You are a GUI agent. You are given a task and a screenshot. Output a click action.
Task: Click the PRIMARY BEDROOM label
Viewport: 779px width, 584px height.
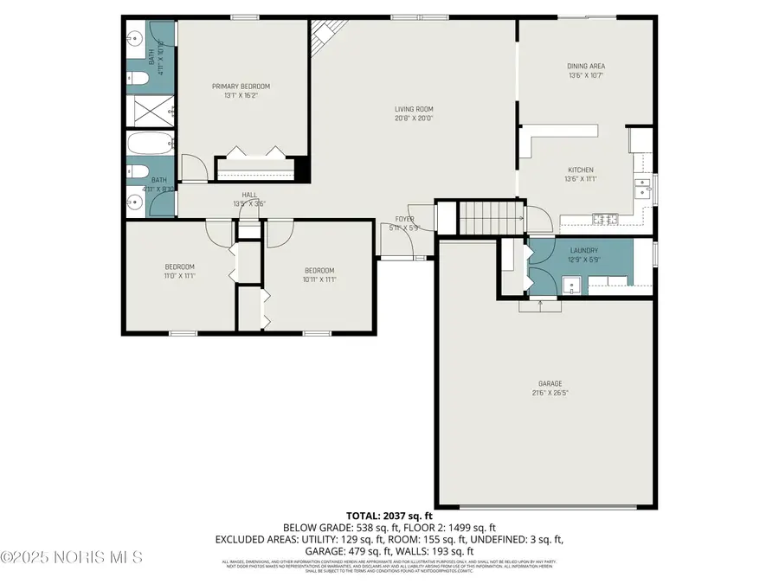click(241, 87)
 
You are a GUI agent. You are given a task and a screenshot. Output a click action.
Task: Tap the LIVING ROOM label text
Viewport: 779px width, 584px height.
click(413, 109)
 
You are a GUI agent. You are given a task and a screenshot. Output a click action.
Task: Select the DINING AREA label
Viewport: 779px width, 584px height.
click(585, 66)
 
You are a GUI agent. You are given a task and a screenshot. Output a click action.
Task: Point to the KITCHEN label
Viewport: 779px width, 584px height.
click(580, 170)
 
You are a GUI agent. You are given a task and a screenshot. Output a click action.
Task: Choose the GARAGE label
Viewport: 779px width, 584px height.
click(550, 383)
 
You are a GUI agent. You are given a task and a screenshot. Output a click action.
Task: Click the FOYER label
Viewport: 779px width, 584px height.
click(405, 219)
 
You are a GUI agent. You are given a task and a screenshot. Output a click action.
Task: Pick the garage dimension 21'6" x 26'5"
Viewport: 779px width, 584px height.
click(550, 394)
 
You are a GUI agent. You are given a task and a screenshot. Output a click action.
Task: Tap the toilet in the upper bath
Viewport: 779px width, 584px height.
click(138, 80)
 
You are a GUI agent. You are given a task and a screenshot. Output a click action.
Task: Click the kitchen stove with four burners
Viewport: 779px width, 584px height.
click(602, 216)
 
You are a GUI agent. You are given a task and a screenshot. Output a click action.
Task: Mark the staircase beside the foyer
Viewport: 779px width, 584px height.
click(491, 217)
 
